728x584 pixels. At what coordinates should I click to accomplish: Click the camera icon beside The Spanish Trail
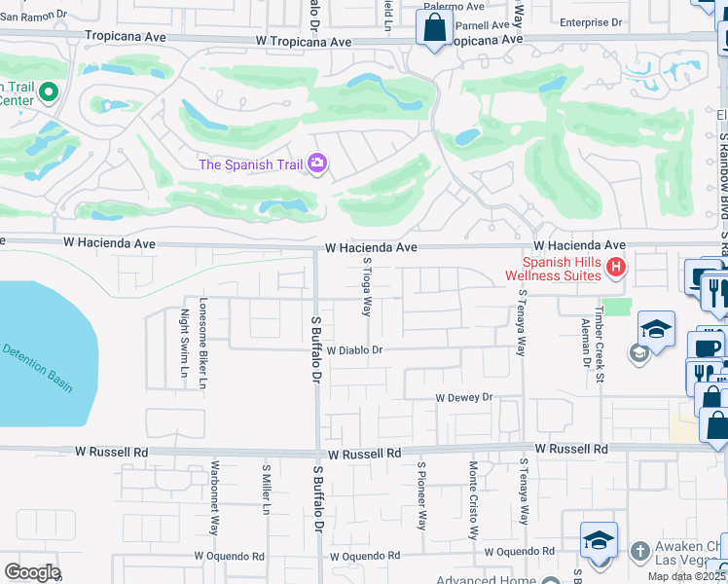coord(316,164)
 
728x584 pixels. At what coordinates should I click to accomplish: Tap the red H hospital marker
coord(615,267)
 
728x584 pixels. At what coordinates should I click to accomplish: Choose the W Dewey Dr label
coord(464,398)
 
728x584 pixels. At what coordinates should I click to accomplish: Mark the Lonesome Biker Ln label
coord(203,344)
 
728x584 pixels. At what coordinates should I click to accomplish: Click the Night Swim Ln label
coord(183,349)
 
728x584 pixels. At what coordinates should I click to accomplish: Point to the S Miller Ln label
coord(265,494)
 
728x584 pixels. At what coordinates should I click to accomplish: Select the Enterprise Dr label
coord(591,21)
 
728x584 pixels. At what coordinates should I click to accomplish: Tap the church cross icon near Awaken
coord(638,552)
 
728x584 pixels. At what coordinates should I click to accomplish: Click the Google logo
coord(31,572)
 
